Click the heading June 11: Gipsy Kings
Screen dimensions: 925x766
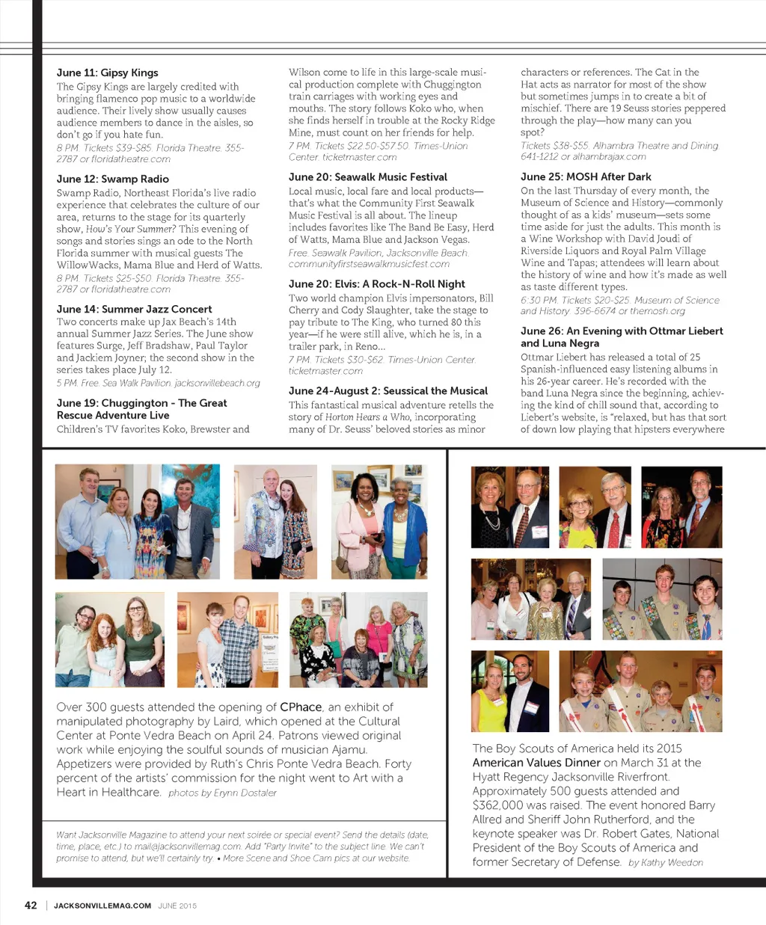pos(108,73)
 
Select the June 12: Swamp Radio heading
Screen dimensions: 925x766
pos(113,179)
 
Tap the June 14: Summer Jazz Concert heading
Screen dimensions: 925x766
pos(134,309)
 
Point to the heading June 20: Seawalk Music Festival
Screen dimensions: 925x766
pos(368,177)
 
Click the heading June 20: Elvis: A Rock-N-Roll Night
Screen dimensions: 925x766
pos(377,284)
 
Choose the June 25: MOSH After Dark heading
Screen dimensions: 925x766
pos(586,177)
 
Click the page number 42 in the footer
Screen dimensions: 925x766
pos(31,905)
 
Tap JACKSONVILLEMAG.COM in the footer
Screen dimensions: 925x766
pos(102,906)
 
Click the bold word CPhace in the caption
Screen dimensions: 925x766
pos(301,707)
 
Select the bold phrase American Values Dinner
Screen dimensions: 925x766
pos(536,763)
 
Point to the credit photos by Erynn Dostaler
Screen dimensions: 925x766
pos(222,793)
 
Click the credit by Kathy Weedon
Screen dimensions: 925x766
pos(666,862)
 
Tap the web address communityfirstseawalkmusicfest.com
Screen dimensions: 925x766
pos(369,264)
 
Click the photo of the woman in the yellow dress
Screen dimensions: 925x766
pos(509,691)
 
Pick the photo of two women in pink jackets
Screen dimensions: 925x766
pos(379,522)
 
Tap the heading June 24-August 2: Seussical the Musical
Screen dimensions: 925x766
pos(388,391)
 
